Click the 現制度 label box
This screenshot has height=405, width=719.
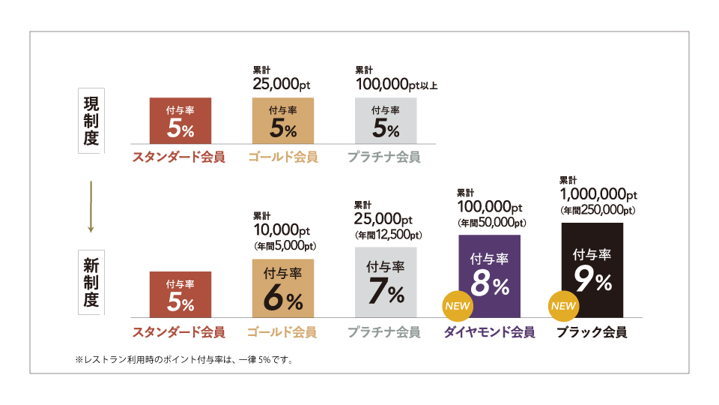click(x=91, y=121)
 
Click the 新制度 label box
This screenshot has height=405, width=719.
click(x=91, y=283)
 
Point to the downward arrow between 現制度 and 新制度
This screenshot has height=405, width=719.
click(x=90, y=206)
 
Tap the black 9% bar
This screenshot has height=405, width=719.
click(x=592, y=270)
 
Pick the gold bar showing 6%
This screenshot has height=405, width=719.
click(x=283, y=288)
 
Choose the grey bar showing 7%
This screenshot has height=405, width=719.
click(x=385, y=283)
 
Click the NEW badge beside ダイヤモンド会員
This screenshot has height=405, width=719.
click(x=456, y=306)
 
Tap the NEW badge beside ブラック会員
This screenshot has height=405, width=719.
click(x=563, y=306)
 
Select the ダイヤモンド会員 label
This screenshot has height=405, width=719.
click(x=490, y=332)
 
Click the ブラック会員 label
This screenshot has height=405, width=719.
click(x=592, y=332)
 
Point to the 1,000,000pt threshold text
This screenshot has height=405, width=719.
click(x=598, y=195)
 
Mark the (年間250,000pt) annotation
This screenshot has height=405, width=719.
click(x=598, y=211)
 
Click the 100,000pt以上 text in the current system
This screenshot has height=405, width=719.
click(x=395, y=85)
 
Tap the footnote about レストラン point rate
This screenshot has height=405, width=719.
click(x=183, y=360)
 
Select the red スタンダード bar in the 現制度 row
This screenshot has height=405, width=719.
click(x=180, y=121)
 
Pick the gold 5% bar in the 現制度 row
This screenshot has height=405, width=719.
click(x=283, y=121)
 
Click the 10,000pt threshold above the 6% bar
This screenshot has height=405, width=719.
click(x=282, y=231)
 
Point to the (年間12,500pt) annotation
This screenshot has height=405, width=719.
click(x=387, y=235)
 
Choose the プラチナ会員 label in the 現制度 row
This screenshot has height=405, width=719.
click(x=383, y=157)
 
